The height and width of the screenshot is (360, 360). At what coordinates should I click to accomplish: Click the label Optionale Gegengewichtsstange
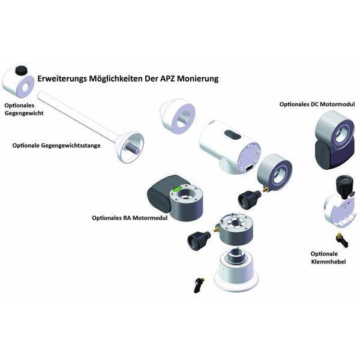56,145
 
